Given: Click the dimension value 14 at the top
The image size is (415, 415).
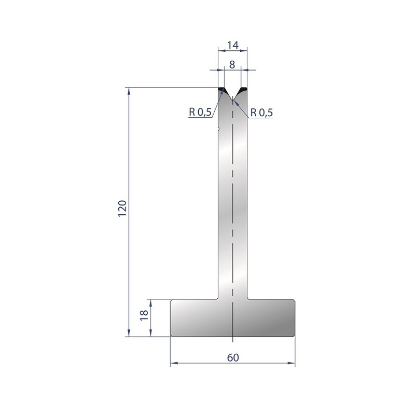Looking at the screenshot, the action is click(232, 45).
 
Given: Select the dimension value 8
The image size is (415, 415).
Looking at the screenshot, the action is click(232, 64).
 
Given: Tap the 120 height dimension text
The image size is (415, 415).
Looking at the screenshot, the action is click(122, 209).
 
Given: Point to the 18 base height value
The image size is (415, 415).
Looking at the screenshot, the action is click(144, 315).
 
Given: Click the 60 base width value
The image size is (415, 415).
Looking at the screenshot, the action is click(233, 357).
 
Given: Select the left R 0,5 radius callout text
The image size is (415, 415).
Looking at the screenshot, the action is click(200, 112).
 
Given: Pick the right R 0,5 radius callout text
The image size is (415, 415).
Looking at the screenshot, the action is click(261, 113).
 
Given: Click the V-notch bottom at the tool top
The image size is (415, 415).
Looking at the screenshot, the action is click(232, 99).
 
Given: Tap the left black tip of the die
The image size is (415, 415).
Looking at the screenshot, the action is click(222, 91).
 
